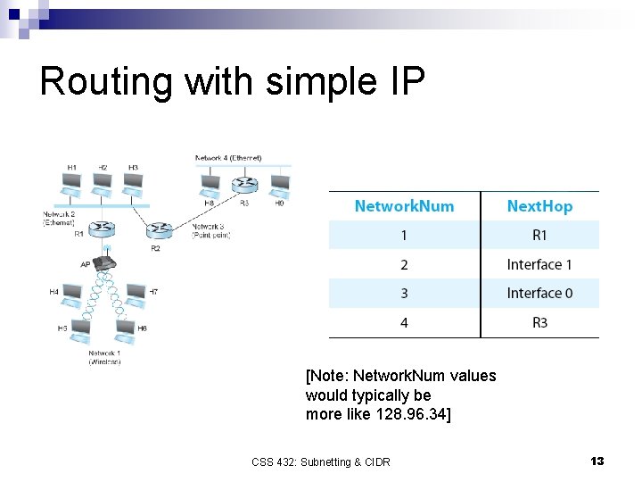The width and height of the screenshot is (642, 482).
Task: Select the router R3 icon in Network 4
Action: click(244, 186)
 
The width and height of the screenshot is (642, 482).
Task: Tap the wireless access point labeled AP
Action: click(106, 262)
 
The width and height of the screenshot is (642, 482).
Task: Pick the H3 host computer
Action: click(132, 183)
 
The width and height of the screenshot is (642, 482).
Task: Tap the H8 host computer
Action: click(210, 187)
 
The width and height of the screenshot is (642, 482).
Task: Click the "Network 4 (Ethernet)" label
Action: click(229, 158)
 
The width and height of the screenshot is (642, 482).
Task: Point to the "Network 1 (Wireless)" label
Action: click(104, 358)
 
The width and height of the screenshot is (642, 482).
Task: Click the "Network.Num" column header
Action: click(404, 206)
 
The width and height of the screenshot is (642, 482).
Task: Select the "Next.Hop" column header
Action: click(539, 206)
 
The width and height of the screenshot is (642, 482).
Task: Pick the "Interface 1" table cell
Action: click(539, 264)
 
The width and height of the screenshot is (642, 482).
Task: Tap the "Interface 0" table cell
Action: click(539, 294)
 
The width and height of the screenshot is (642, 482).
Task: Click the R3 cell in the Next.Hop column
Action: click(539, 322)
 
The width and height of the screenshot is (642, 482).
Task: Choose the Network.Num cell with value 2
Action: click(404, 264)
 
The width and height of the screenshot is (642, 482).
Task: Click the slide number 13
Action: click(597, 461)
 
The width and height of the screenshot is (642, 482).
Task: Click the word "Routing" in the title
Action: click(108, 81)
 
